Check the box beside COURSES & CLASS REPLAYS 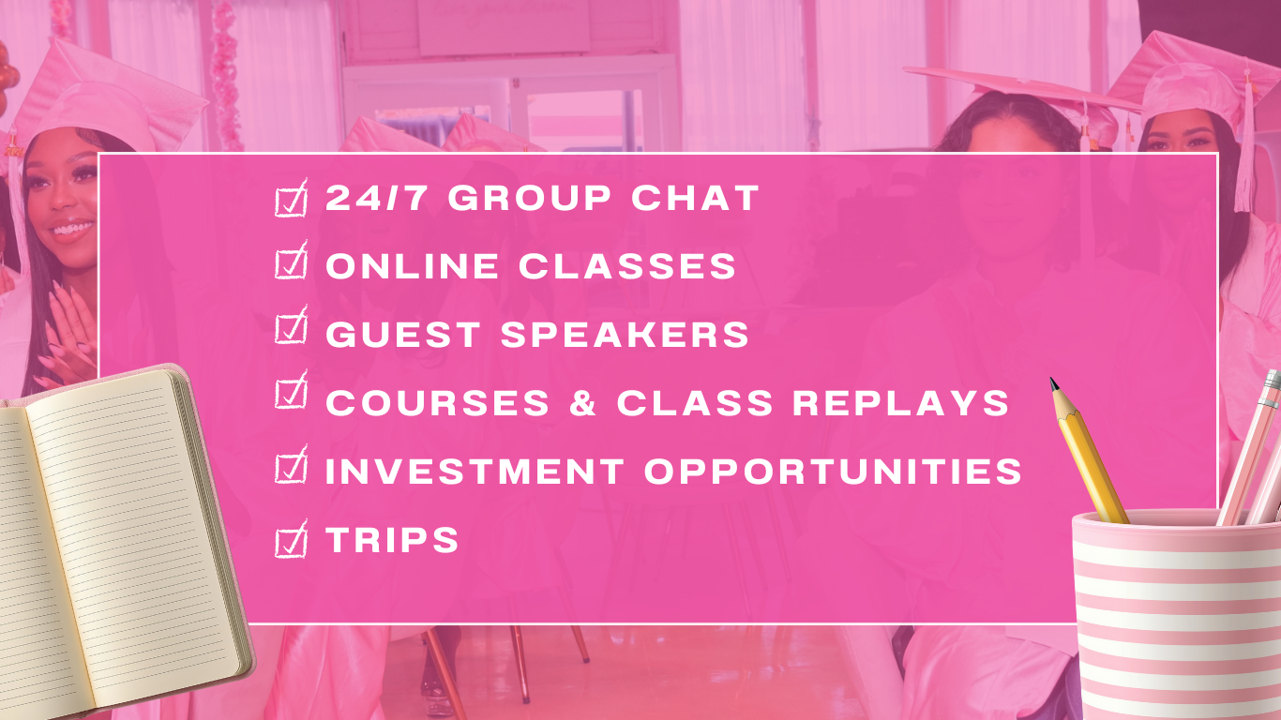291,392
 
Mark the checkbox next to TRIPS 291,540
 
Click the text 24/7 376,198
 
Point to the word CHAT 695,198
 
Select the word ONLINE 412,266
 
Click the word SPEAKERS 625,334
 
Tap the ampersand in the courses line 582,402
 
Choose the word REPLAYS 900,402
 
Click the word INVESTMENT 475,471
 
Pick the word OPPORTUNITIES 834,471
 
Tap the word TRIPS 392,539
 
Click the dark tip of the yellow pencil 1053,383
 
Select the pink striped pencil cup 1177,615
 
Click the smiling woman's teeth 73,229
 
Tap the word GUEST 403,334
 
